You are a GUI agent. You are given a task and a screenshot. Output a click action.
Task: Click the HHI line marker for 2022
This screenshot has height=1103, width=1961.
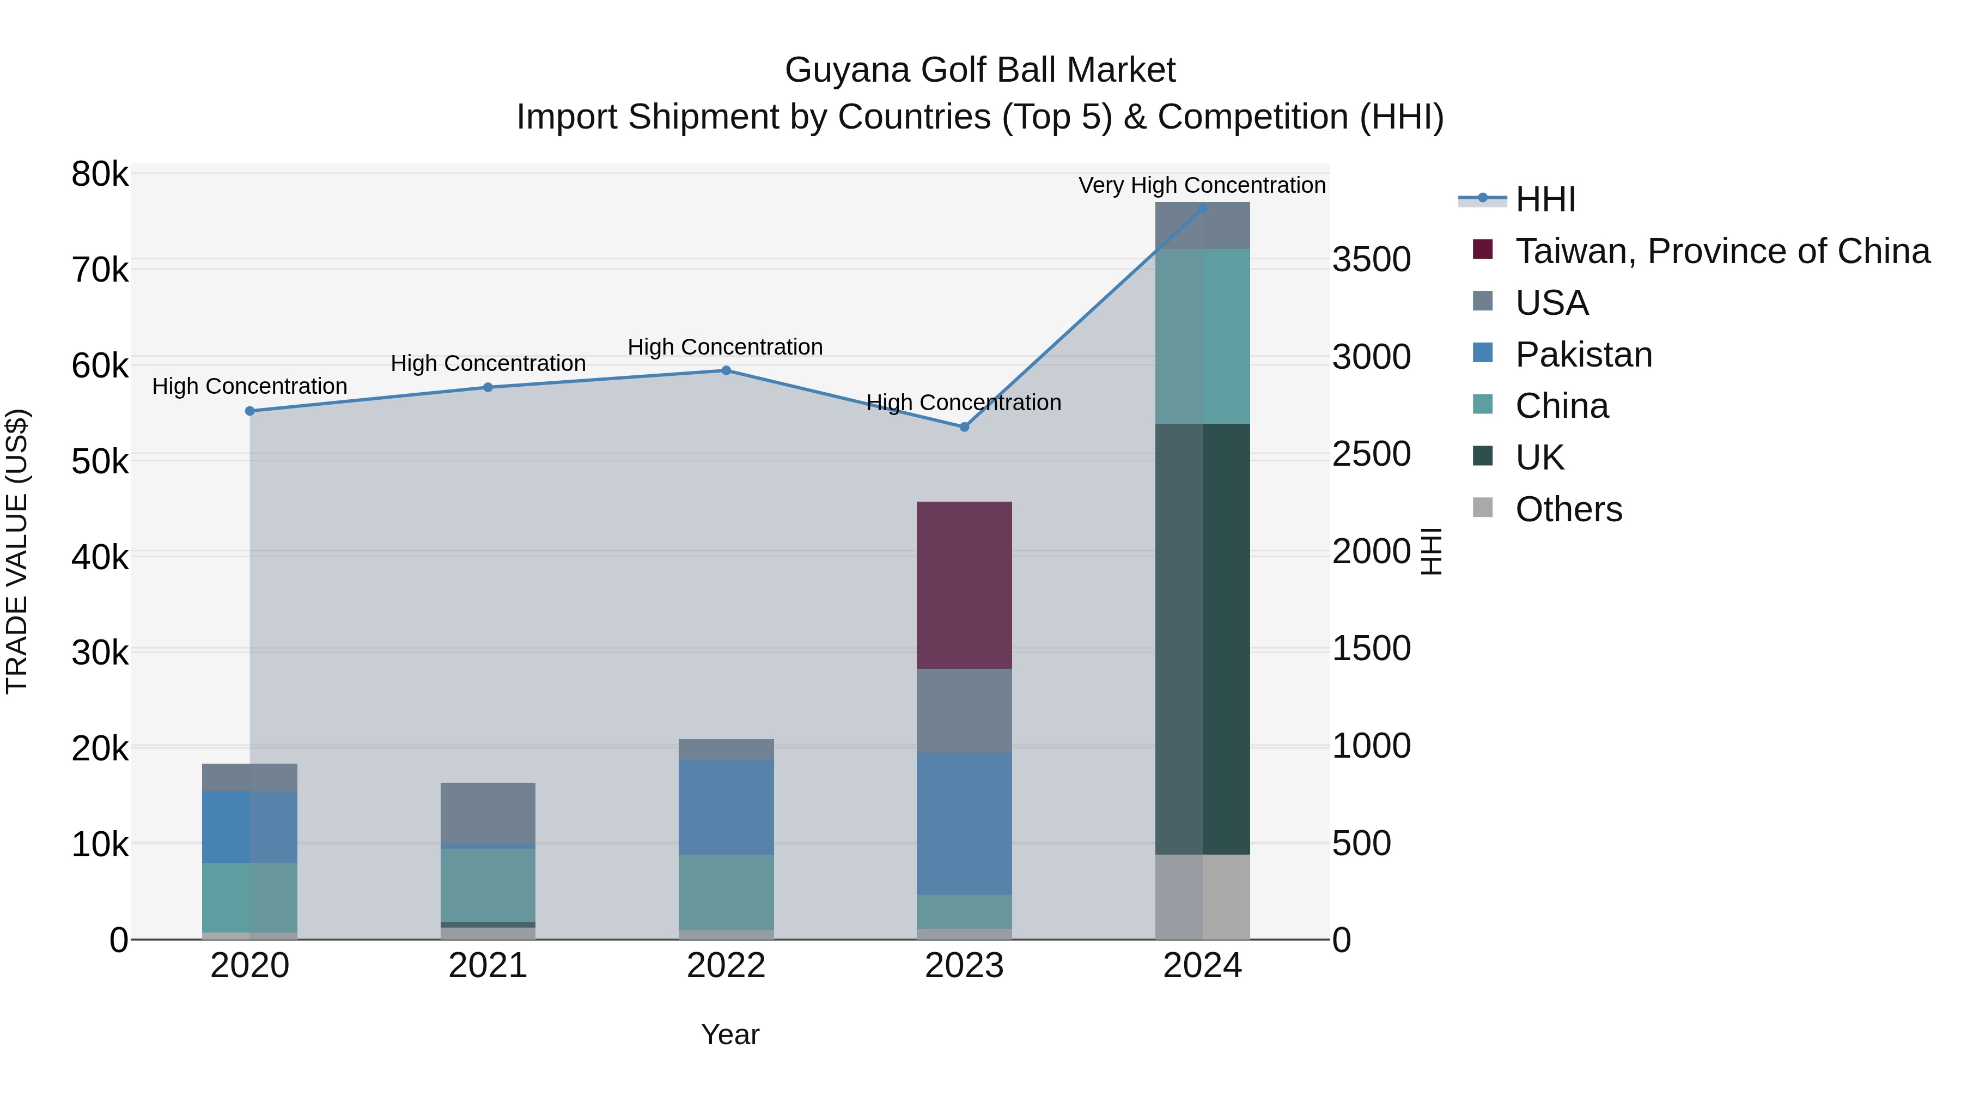coord(726,371)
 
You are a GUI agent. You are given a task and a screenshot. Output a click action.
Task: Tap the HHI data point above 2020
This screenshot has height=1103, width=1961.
coord(249,411)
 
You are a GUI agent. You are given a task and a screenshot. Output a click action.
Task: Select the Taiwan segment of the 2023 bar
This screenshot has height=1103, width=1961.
coord(964,586)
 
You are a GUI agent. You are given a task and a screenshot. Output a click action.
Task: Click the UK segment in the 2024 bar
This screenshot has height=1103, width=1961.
coord(1202,639)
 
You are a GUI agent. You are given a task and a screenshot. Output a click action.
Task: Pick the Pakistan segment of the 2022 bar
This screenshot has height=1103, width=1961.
coord(726,807)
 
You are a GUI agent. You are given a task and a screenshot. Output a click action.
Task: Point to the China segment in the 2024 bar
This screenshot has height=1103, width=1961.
coord(1202,336)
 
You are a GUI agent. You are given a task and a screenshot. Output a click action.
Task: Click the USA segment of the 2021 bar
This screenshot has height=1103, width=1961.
coord(488,813)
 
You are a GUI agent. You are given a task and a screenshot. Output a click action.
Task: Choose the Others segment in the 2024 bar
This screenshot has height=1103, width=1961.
coord(1202,897)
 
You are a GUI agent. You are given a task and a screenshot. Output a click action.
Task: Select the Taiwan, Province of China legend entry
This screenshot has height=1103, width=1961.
coord(1722,251)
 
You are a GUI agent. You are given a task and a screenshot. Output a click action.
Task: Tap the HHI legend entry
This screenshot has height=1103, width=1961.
coord(1545,199)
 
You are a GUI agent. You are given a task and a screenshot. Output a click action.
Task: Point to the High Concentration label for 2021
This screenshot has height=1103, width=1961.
coord(488,363)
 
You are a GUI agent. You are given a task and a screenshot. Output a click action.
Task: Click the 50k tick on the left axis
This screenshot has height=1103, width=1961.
coord(100,461)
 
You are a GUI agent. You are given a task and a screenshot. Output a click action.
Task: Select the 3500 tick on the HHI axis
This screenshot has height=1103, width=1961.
coord(1371,260)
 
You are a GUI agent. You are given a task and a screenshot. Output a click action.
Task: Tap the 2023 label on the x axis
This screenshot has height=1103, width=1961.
coord(964,966)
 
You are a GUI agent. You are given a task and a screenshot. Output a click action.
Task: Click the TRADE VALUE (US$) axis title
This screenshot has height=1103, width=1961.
coord(17,551)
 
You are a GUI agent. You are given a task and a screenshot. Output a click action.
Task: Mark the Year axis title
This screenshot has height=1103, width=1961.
coord(729,1034)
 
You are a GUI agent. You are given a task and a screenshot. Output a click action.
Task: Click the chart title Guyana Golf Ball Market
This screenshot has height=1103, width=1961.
coord(980,70)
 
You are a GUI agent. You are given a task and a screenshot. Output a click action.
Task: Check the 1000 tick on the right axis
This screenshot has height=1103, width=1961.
coord(1371,746)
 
